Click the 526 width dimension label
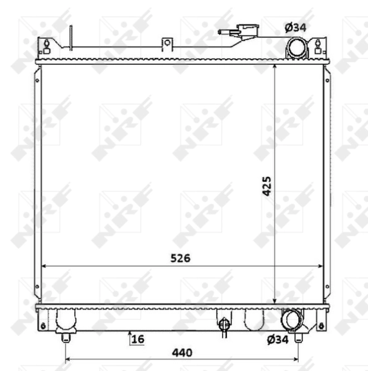tap(181, 258)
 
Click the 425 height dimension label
tap(267, 186)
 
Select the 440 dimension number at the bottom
tap(182, 353)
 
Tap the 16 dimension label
tap(138, 339)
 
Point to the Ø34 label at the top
tap(296, 28)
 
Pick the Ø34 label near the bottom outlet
tap(278, 339)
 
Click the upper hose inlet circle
tap(296, 48)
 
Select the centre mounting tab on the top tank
tap(168, 45)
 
